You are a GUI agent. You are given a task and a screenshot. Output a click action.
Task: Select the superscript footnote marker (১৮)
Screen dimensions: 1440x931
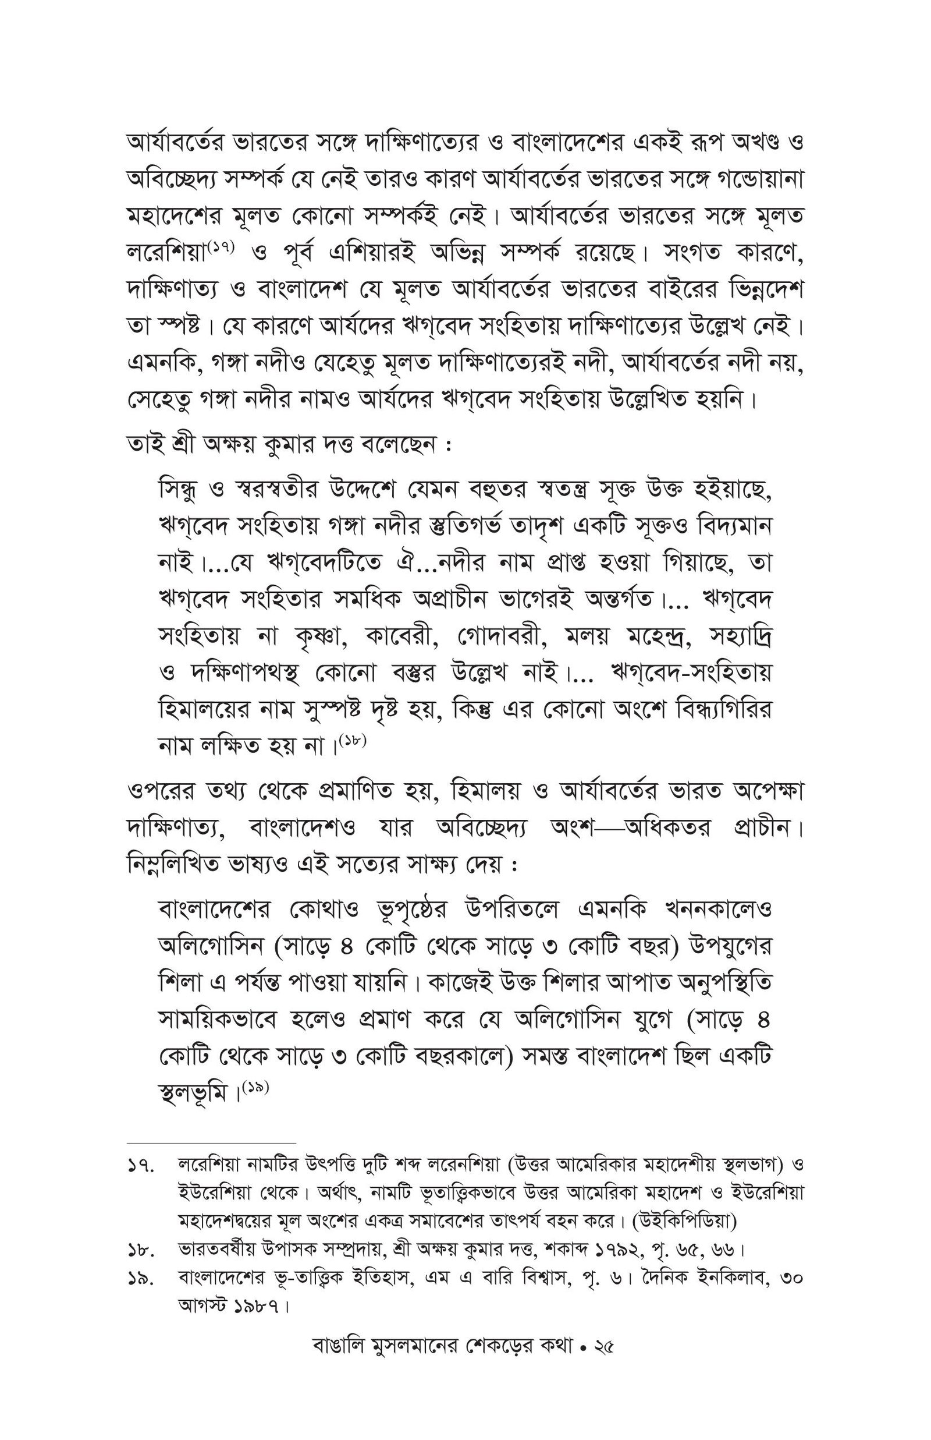(x=353, y=741)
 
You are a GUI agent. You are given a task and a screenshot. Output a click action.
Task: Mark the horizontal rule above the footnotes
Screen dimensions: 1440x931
(x=212, y=1143)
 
